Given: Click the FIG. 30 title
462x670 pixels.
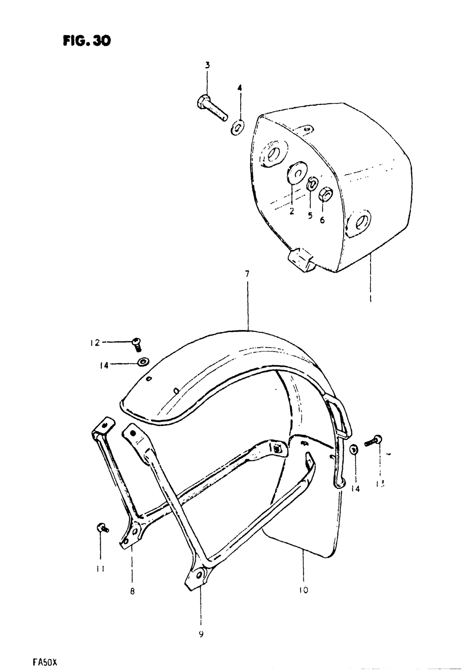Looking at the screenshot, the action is tap(88, 41).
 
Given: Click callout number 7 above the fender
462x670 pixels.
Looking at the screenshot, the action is tap(248, 274).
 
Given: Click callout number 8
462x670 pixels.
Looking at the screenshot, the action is tap(132, 591).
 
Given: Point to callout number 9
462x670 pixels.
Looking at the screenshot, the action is tap(201, 634).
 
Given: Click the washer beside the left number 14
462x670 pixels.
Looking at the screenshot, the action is tap(143, 361).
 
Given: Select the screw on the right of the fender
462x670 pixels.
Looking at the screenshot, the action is tap(373, 441).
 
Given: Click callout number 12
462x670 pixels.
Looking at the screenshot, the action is tap(95, 343).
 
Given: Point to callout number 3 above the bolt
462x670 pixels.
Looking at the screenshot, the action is tap(207, 66).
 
